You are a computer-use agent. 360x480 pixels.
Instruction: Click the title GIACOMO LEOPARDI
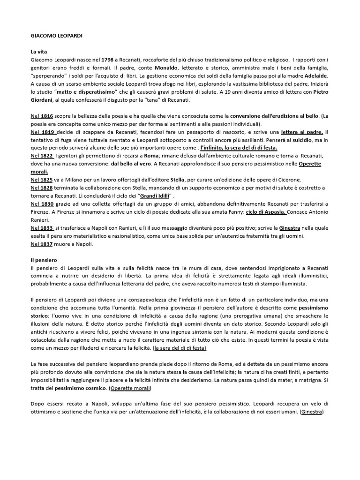[x=54, y=34]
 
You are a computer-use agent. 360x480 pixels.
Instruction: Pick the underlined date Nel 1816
[x=41, y=115]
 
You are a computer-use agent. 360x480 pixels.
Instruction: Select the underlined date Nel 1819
[x=42, y=132]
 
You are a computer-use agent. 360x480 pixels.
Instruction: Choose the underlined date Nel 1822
[x=41, y=156]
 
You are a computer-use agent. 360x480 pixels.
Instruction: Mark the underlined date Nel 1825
[x=41, y=180]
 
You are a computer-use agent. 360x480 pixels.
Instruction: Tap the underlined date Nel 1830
[x=42, y=204]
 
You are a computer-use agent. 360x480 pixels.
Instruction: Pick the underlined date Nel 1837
[x=41, y=245]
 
